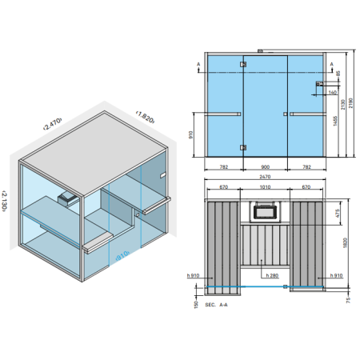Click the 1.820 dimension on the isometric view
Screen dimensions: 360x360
(x=145, y=115)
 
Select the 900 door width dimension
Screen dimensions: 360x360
(x=264, y=166)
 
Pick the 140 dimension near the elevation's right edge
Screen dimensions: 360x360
(x=330, y=92)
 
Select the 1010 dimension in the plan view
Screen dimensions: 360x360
(x=264, y=187)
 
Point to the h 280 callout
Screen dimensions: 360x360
(x=272, y=276)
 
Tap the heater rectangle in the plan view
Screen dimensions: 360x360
(x=264, y=212)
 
